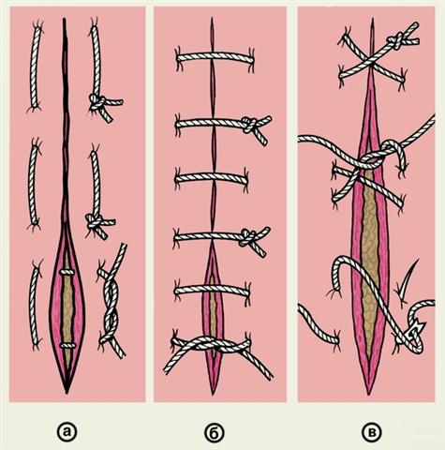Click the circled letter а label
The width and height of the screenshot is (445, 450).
[x=66, y=432]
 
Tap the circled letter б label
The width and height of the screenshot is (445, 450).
[x=215, y=432]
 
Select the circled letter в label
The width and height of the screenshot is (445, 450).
[x=371, y=432]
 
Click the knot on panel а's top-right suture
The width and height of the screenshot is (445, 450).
[x=97, y=101]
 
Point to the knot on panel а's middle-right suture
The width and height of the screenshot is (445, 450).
[x=94, y=221]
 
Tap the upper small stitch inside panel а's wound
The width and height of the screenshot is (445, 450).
[x=67, y=272]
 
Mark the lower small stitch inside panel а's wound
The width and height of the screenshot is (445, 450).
[x=67, y=345]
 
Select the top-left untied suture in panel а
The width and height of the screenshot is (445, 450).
[x=35, y=67]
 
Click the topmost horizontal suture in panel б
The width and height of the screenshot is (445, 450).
[x=215, y=57]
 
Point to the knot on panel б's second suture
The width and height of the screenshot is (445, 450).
[x=250, y=125]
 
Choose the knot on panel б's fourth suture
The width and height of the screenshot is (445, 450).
[x=248, y=237]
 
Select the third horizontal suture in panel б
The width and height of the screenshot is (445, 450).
[x=212, y=178]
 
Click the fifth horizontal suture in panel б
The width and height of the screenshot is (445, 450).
[x=212, y=291]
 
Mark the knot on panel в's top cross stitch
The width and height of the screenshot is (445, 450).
[x=395, y=41]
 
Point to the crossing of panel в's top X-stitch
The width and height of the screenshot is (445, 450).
[x=371, y=61]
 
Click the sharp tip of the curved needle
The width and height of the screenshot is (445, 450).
[x=418, y=261]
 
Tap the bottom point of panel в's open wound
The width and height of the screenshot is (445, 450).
[x=369, y=394]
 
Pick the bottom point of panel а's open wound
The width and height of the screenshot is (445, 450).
[x=67, y=392]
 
